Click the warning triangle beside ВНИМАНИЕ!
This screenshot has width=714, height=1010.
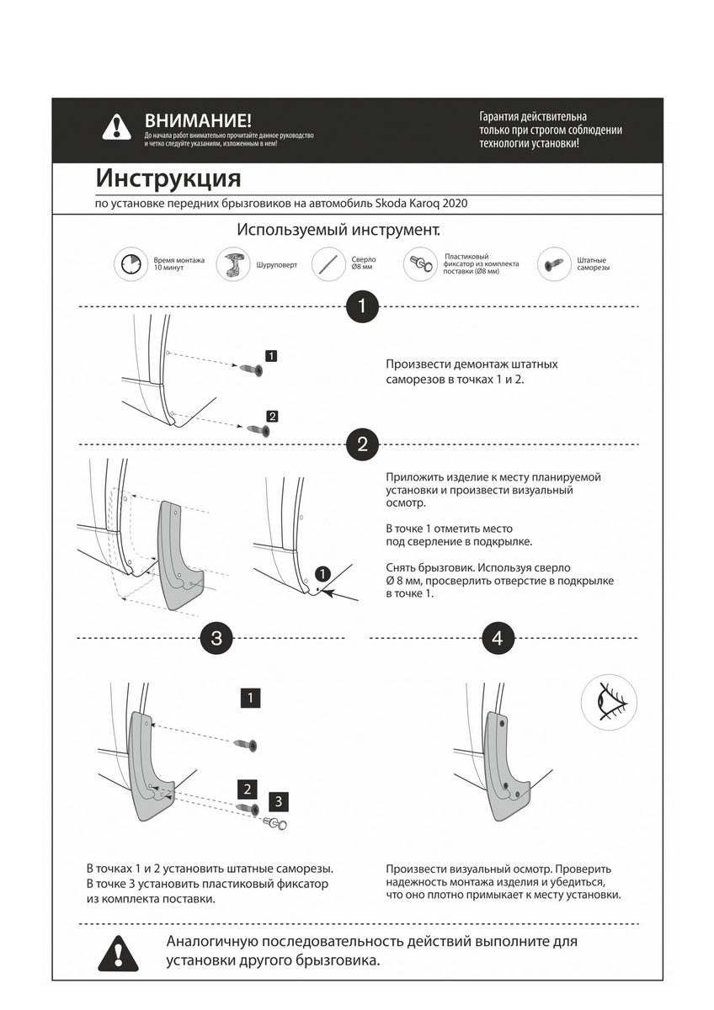[116, 127]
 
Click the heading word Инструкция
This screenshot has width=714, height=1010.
[168, 178]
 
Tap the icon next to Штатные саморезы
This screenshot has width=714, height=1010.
[552, 263]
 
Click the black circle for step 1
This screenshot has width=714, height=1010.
[362, 306]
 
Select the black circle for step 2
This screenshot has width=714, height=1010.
[362, 444]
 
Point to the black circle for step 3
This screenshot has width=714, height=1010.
[216, 638]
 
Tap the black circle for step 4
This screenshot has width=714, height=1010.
[498, 638]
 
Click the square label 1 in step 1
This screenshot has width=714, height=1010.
[271, 355]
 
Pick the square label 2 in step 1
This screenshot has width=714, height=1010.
[271, 416]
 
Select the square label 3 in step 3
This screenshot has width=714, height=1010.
[280, 800]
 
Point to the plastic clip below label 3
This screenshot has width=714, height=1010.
[275, 822]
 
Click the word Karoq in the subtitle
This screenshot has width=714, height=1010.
[429, 203]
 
